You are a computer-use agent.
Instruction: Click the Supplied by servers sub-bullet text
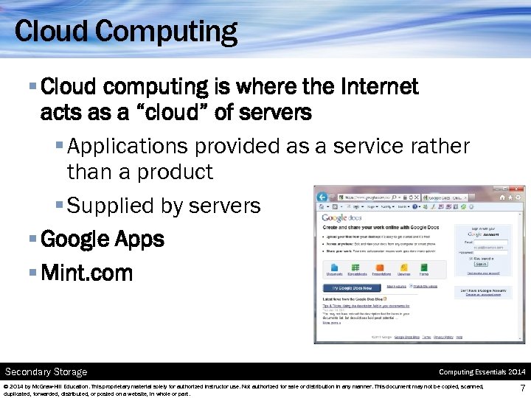pos(164,206)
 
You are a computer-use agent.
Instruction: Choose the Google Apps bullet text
pos(103,240)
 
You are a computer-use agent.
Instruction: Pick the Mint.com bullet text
pos(87,273)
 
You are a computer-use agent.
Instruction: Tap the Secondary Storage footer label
pos(46,371)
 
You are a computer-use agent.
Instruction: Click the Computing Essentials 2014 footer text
pos(481,371)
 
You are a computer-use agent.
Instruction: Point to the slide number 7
pos(522,388)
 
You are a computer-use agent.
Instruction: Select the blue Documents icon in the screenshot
pos(334,268)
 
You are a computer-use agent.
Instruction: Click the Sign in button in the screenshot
pos(481,263)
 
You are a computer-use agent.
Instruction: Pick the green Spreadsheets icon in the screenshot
pos(359,268)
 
